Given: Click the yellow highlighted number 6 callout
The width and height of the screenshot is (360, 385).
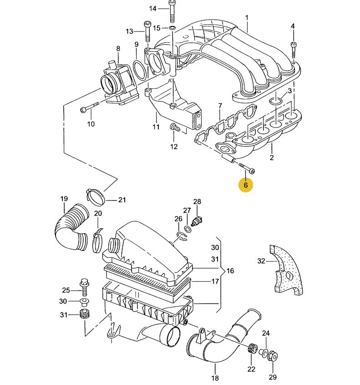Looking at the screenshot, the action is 245,185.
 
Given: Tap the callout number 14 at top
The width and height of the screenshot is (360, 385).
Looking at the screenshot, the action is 152,9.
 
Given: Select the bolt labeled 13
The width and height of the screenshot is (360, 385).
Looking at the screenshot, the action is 147,32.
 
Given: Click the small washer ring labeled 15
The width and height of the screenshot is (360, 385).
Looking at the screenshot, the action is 172,27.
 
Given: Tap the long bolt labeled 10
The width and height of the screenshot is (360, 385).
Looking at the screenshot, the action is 90,107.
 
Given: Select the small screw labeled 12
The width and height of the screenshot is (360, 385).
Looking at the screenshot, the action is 174,128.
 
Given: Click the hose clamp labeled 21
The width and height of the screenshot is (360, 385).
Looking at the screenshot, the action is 96,196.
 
